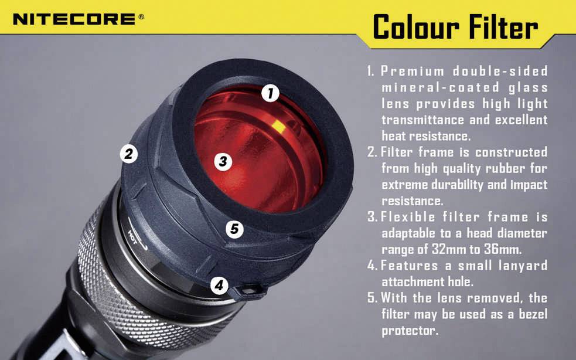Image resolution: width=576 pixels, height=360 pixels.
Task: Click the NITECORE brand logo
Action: (x=74, y=19)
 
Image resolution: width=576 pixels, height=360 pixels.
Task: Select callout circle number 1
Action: (x=270, y=93)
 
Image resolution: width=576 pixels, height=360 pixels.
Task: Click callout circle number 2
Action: (x=128, y=154)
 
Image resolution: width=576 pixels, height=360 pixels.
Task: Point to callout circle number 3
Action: (x=222, y=161)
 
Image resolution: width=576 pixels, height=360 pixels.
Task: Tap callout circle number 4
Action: (x=219, y=286)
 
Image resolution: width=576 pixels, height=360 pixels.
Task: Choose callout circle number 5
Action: (x=234, y=229)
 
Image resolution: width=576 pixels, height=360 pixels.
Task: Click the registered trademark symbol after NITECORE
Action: (x=141, y=17)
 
